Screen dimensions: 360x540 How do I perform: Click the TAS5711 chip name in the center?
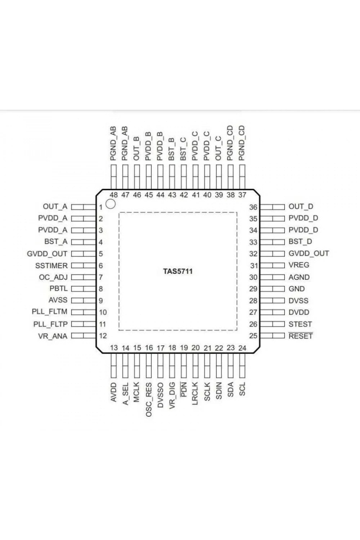[178, 271]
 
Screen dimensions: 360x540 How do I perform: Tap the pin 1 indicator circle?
[111, 204]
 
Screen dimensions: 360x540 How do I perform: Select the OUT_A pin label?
[55, 207]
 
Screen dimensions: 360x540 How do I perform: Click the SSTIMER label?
[51, 266]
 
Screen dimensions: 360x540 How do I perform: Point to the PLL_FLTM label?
[49, 312]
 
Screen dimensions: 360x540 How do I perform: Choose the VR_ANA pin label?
[53, 336]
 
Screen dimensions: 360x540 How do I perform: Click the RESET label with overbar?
[301, 336]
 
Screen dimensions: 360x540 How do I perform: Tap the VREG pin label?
[299, 265]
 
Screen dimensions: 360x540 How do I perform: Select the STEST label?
[300, 324]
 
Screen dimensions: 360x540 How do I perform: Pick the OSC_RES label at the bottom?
[149, 400]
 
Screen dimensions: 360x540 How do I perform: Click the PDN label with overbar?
[184, 389]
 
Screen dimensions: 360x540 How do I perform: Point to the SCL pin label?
[242, 389]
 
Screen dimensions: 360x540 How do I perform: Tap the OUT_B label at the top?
[136, 148]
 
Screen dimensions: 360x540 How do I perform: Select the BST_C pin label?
[183, 149]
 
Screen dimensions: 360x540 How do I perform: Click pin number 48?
[113, 195]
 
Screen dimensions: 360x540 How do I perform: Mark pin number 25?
[253, 336]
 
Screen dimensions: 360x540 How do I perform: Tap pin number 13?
[114, 348]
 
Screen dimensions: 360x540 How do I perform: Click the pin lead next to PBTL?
[84, 289]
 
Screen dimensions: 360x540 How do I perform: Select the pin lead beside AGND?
[273, 277]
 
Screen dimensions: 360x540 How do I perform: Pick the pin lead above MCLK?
[137, 365]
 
